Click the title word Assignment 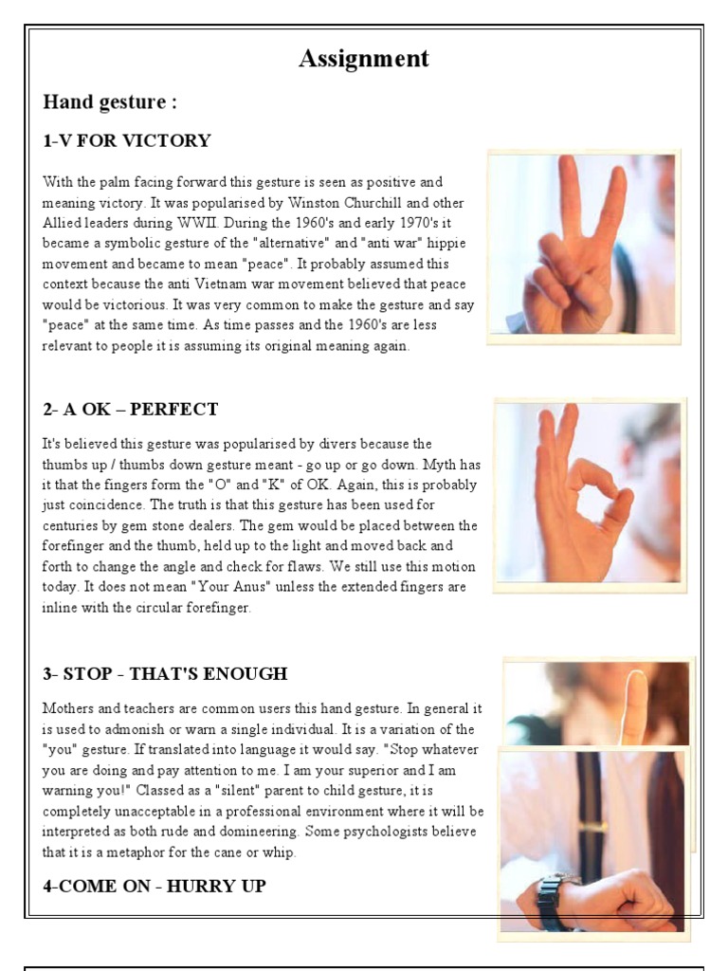tap(364, 59)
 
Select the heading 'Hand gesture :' tap(110, 102)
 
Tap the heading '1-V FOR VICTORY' tap(127, 140)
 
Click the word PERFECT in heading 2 tap(174, 410)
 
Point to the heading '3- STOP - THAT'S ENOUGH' tap(165, 674)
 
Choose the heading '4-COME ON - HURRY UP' tap(155, 887)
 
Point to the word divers tap(337, 444)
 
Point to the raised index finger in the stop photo tap(634, 705)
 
